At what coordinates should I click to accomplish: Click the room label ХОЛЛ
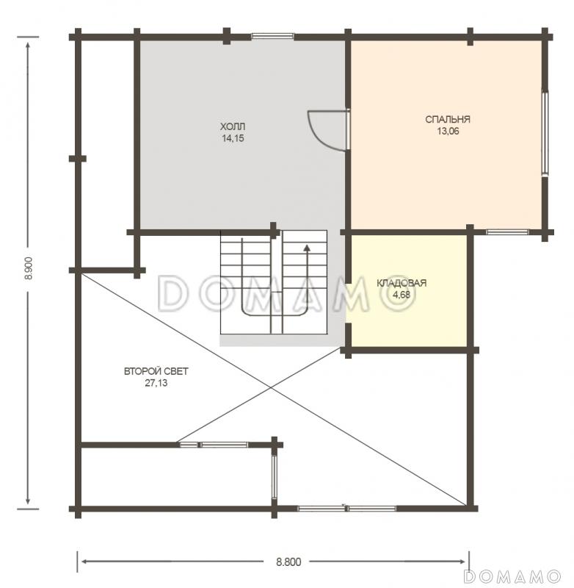pyautogui.click(x=233, y=126)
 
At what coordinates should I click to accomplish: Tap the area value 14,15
pyautogui.click(x=233, y=138)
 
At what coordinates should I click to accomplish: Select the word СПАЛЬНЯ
pyautogui.click(x=448, y=119)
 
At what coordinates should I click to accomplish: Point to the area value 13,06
pyautogui.click(x=448, y=132)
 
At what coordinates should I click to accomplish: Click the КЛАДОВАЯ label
pyautogui.click(x=402, y=283)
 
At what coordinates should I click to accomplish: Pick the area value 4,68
pyautogui.click(x=402, y=295)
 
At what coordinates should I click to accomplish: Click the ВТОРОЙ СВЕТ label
pyautogui.click(x=156, y=371)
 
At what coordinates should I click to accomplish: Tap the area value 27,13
pyautogui.click(x=156, y=383)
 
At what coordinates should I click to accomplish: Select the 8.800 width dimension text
pyautogui.click(x=288, y=562)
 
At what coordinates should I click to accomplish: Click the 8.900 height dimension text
pyautogui.click(x=29, y=268)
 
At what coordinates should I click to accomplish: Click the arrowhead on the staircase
pyautogui.click(x=307, y=248)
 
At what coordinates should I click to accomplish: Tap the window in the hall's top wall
pyautogui.click(x=272, y=36)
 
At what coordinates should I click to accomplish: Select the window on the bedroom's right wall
pyautogui.click(x=545, y=133)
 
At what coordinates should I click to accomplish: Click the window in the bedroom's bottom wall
pyautogui.click(x=507, y=232)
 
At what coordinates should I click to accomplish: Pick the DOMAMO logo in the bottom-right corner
pyautogui.click(x=512, y=576)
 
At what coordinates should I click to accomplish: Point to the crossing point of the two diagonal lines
pyautogui.click(x=271, y=387)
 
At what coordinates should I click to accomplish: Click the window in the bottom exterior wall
pyautogui.click(x=346, y=509)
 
